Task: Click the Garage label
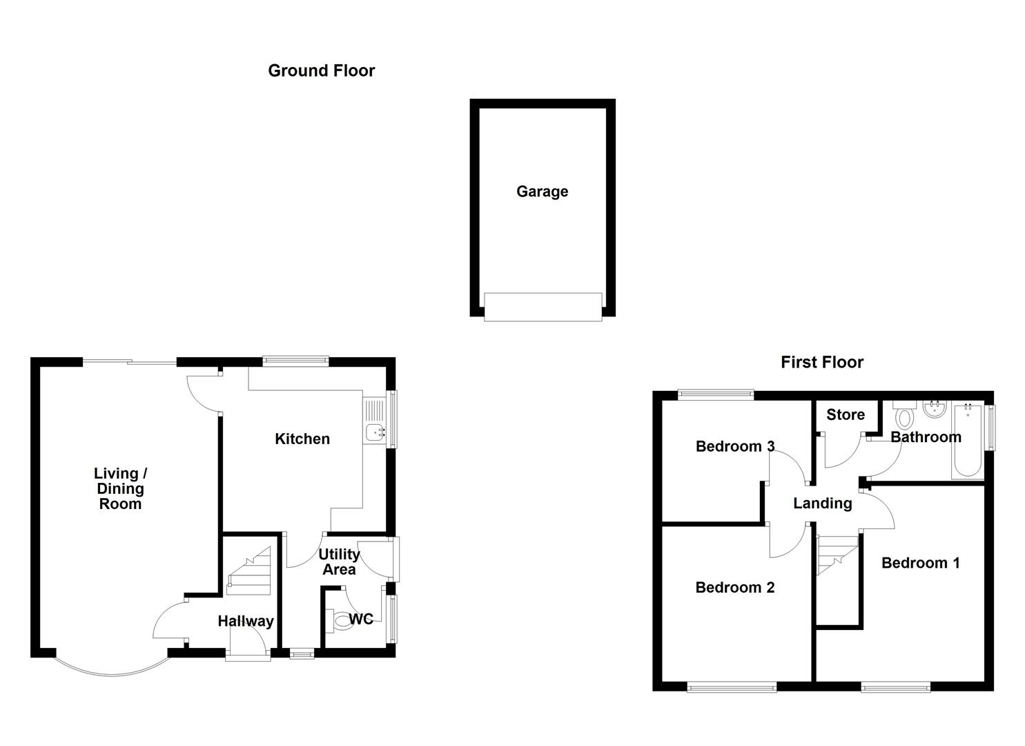542,191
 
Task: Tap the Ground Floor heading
321,70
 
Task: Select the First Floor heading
821,362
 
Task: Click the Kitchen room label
302,439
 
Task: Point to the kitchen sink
375,432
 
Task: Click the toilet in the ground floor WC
340,620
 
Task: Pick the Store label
845,414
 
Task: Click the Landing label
822,504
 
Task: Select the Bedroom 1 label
920,563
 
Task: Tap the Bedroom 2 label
734,587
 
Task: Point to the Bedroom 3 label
734,446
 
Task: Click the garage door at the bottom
543,307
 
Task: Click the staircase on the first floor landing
837,555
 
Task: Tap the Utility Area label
339,562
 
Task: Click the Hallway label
245,621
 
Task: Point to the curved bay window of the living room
110,671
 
